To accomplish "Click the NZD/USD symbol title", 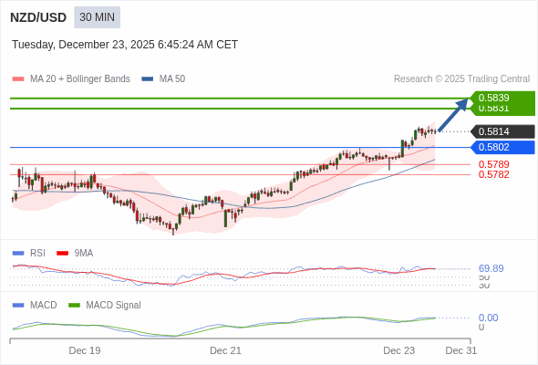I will pyautogui.click(x=37, y=17).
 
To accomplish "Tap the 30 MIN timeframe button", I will pyautogui.click(x=97, y=17).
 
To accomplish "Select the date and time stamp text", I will pyautogui.click(x=125, y=45).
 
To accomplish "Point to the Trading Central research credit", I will pyautogui.click(x=461, y=78).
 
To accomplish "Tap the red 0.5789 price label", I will pyautogui.click(x=493, y=164).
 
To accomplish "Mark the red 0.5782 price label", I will pyautogui.click(x=493, y=174).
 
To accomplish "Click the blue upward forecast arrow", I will pyautogui.click(x=453, y=115).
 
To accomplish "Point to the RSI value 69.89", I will pyautogui.click(x=491, y=268).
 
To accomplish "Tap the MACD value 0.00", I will pyautogui.click(x=488, y=318).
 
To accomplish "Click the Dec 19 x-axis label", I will pyautogui.click(x=85, y=350).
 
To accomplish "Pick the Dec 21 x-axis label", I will pyautogui.click(x=225, y=350).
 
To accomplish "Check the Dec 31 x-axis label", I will pyautogui.click(x=460, y=350).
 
